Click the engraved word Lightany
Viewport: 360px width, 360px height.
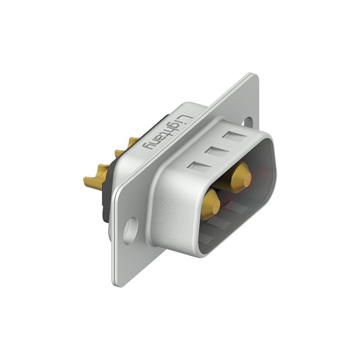167,132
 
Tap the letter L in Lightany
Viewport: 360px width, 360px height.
186,119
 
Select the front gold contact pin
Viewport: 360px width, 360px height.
211,202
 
